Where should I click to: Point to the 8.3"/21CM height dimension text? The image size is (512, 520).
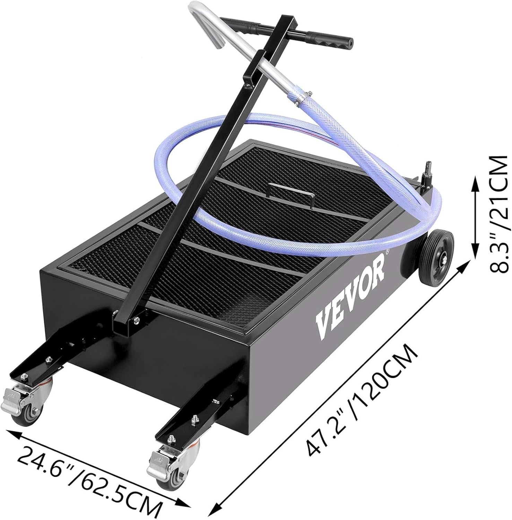coord(497,215)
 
